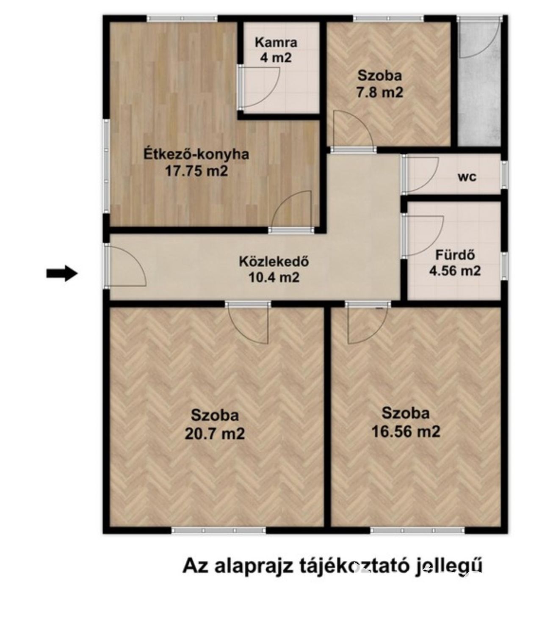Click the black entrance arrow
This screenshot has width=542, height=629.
click(62, 273)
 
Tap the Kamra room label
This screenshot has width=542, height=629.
click(276, 43)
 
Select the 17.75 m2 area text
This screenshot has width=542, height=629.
click(196, 171)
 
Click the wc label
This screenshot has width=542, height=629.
click(467, 177)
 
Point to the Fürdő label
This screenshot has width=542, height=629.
click(455, 255)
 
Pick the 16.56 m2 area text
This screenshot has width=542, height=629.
click(406, 431)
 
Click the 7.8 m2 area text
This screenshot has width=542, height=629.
click(380, 92)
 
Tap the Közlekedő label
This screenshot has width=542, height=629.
click(274, 262)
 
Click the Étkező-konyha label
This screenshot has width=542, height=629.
click(196, 154)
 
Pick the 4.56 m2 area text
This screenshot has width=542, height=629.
click(455, 270)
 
